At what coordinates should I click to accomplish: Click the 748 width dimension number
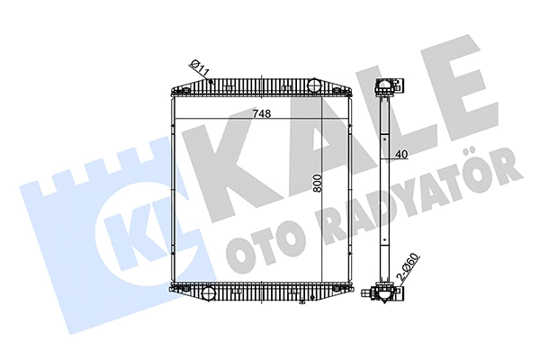[x=262, y=113]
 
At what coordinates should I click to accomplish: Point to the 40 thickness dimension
[x=401, y=154]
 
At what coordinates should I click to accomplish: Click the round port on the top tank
[x=313, y=85]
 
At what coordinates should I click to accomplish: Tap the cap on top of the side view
[x=386, y=87]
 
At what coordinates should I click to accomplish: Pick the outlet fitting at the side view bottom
[x=382, y=293]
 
